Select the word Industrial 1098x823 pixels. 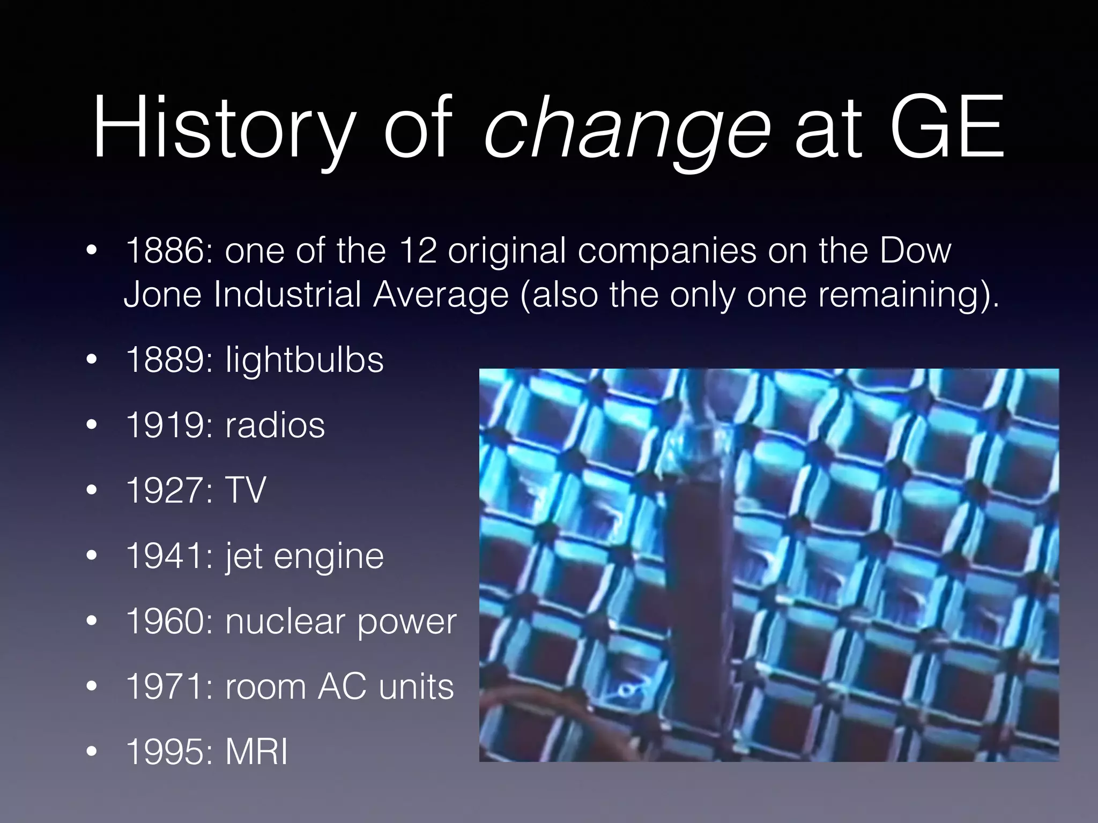(x=287, y=295)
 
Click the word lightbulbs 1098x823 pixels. (x=304, y=360)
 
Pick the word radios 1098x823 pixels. (x=274, y=425)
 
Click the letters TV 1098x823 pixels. (x=246, y=490)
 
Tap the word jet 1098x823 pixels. (x=244, y=556)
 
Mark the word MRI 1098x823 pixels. (x=256, y=752)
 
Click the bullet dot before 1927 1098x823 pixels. (x=92, y=490)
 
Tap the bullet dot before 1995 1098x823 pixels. (x=92, y=752)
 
